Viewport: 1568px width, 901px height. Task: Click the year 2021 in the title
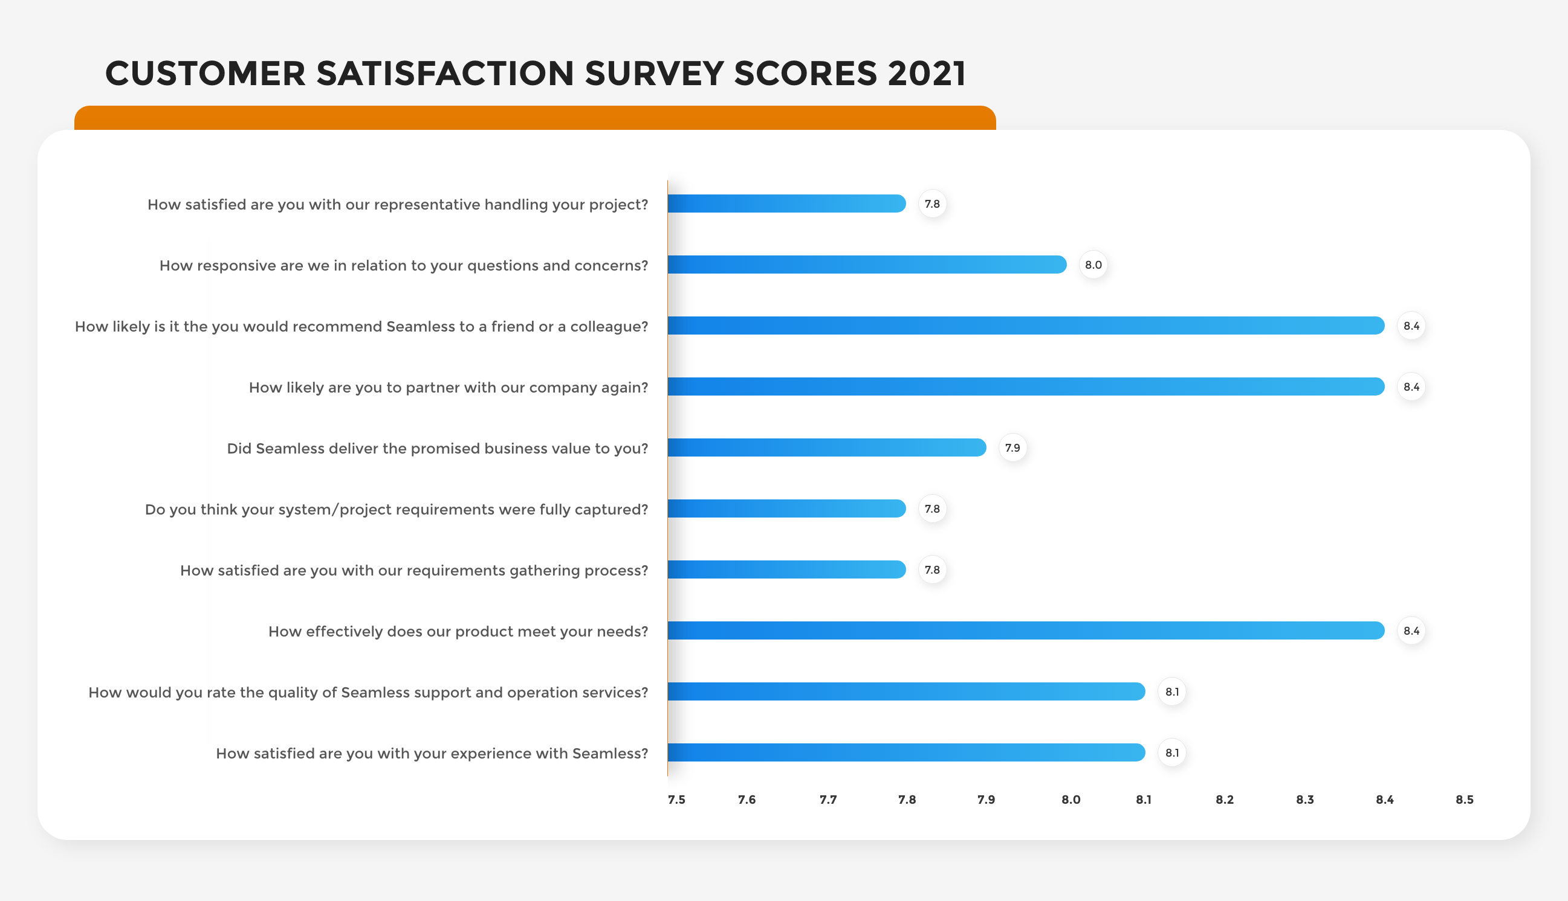[927, 74]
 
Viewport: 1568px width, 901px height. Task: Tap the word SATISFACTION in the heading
[445, 74]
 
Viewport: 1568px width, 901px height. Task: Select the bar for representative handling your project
[786, 204]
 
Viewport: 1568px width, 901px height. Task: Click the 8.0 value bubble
[1093, 265]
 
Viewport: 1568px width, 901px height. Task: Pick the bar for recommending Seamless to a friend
[1026, 325]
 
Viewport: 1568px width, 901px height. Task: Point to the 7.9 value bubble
[1012, 447]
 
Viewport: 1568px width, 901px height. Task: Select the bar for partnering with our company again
[1026, 386]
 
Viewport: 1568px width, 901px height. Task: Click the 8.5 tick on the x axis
[1464, 800]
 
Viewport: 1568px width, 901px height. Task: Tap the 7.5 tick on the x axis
[676, 800]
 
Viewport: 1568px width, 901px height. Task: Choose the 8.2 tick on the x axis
[1224, 800]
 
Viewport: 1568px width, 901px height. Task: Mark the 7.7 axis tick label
[828, 800]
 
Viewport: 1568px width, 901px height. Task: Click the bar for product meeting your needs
[1026, 630]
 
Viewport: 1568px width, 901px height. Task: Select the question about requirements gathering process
[413, 571]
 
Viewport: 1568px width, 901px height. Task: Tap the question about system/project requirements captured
[397, 509]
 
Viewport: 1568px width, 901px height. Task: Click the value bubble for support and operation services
[1171, 692]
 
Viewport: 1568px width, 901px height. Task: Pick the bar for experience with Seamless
[906, 752]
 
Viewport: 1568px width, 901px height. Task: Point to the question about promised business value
[437, 449]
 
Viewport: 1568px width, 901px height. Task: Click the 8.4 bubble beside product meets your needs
[1411, 630]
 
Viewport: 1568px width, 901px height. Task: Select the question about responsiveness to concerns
[404, 266]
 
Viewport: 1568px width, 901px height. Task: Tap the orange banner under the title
[535, 118]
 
